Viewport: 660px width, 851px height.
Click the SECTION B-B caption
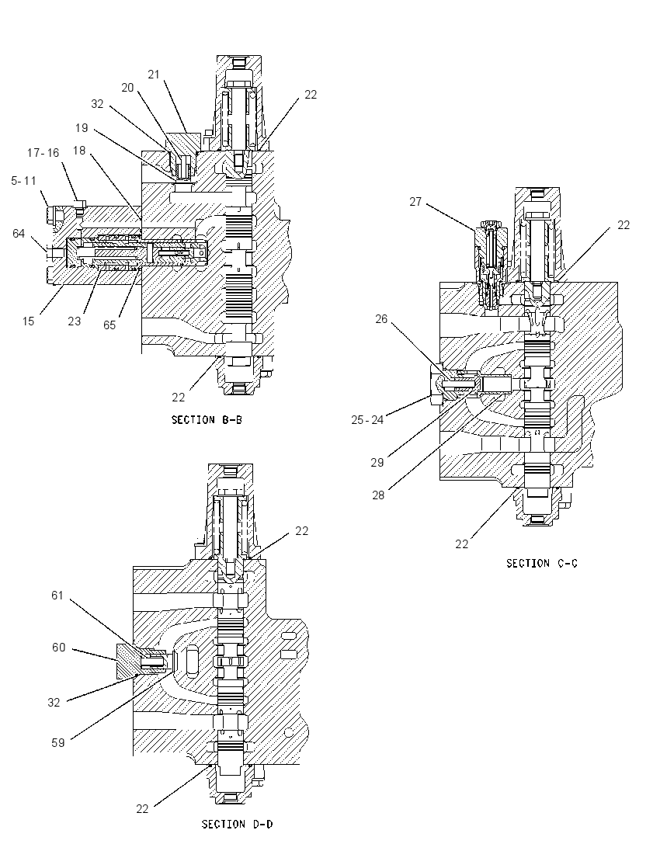(207, 419)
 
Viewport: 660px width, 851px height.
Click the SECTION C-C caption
(542, 564)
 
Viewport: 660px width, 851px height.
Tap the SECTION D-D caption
(237, 825)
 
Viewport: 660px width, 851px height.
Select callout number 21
(155, 75)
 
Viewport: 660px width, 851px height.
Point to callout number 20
(127, 88)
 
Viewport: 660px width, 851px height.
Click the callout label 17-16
(43, 153)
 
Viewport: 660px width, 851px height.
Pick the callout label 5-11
(23, 181)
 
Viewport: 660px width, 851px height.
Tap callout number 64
(19, 234)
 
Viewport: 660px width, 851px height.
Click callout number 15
(28, 321)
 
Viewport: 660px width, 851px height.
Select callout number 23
(75, 321)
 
